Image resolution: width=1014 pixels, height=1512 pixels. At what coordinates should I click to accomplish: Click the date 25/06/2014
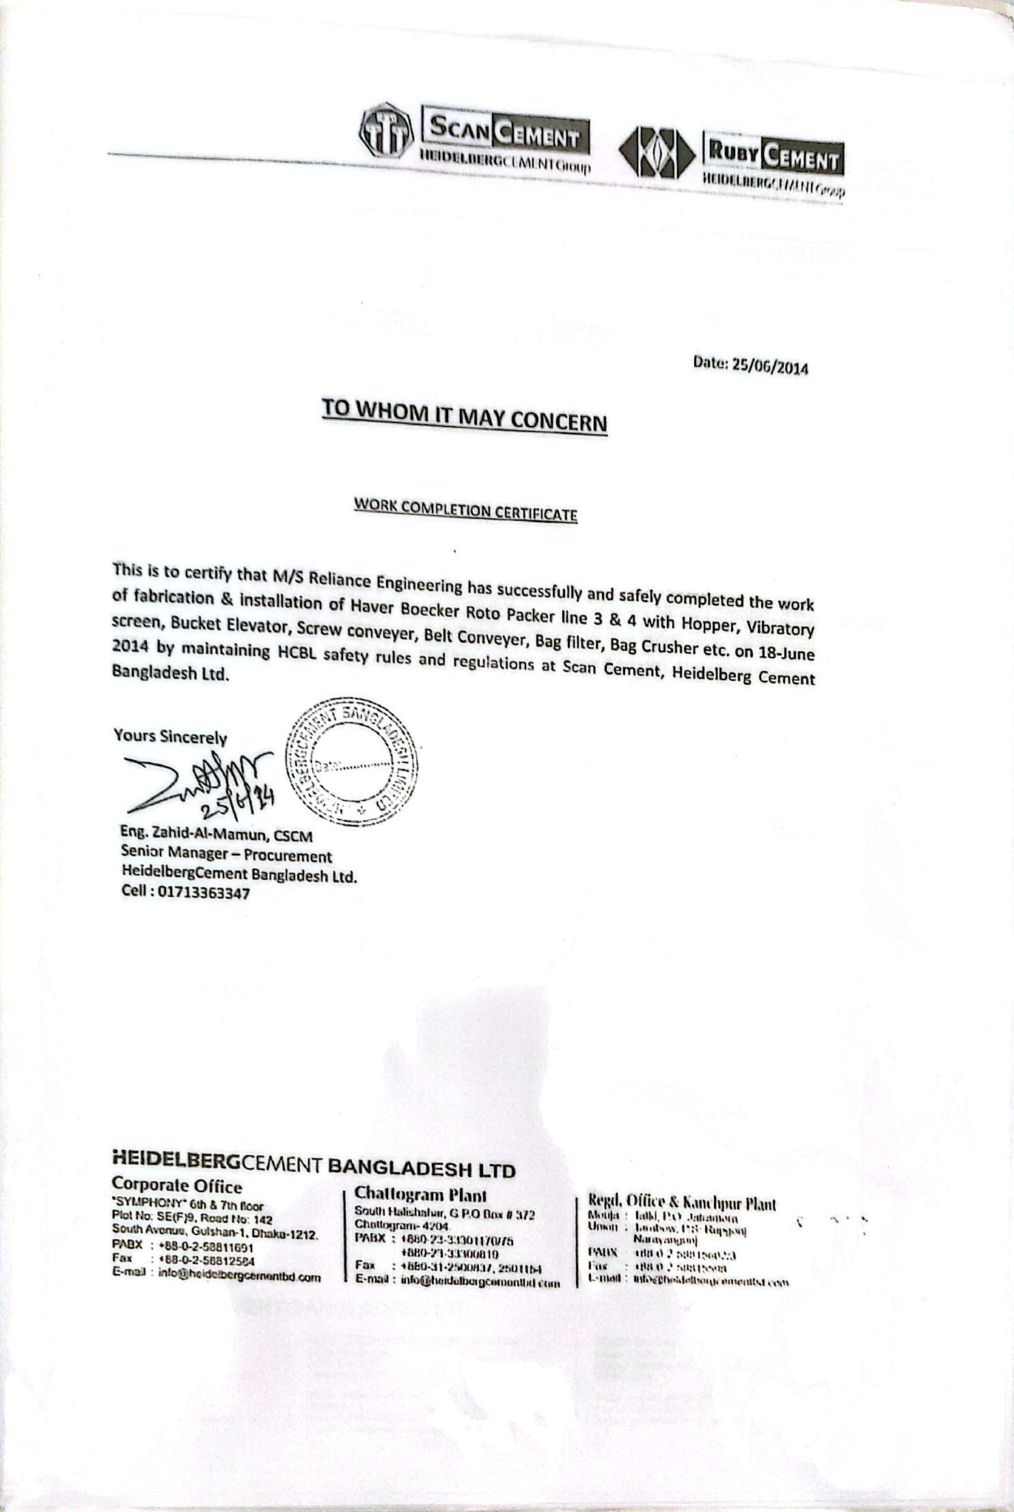(x=769, y=366)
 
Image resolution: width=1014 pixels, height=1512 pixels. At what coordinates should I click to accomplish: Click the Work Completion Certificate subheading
(x=465, y=509)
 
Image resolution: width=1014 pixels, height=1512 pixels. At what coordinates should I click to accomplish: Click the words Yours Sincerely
(x=170, y=736)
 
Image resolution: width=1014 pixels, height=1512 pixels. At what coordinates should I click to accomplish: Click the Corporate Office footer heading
(x=177, y=1185)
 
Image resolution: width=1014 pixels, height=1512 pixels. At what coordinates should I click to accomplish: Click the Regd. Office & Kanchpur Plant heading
(x=681, y=1203)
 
